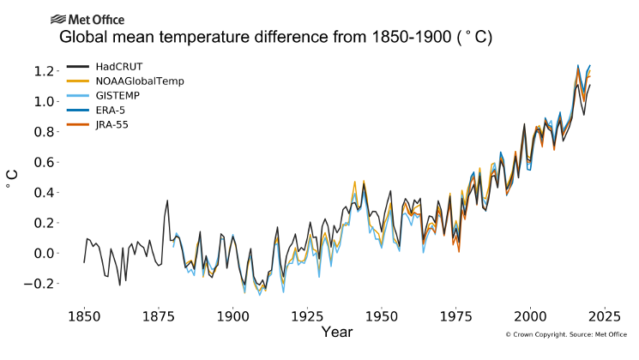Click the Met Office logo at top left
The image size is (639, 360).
(x=87, y=19)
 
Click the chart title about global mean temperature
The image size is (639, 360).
(x=274, y=39)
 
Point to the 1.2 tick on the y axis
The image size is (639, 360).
(x=44, y=71)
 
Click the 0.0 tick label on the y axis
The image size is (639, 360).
(x=44, y=253)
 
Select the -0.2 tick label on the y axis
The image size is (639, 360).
(x=40, y=284)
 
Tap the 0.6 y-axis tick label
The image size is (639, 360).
(x=44, y=162)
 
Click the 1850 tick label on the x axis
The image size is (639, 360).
(x=84, y=314)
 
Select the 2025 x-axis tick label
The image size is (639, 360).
(x=605, y=314)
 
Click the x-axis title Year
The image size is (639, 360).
(x=336, y=332)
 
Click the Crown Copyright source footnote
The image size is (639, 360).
(x=566, y=334)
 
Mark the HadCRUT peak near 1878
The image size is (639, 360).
(x=167, y=201)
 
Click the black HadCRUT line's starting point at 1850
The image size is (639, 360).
(x=84, y=262)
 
